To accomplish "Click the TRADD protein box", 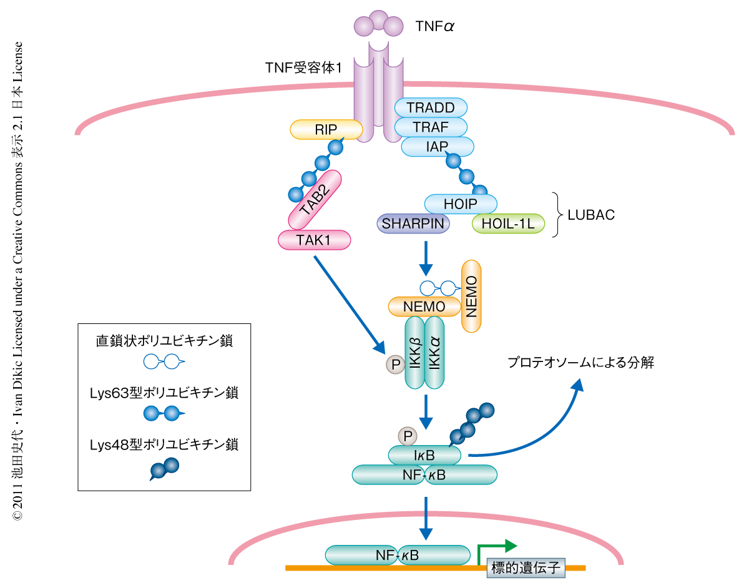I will pos(431,107).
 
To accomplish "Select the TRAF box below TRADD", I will pos(431,127).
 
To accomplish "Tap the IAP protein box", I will pos(438,147).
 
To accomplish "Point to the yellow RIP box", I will pos(326,130).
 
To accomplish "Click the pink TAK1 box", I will pos(314,240).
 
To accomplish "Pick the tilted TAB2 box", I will pos(315,200).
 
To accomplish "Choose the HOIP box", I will pos(461,204).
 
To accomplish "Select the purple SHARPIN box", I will pos(413,223).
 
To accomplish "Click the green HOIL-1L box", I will pos(508,223).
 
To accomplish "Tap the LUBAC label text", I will pos(590,215).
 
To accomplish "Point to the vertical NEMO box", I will pos(471,296).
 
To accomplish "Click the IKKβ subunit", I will pos(415,353).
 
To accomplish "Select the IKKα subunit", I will pos(434,353).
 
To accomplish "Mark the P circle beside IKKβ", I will pos(394,365).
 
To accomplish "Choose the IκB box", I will pos(424,455).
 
